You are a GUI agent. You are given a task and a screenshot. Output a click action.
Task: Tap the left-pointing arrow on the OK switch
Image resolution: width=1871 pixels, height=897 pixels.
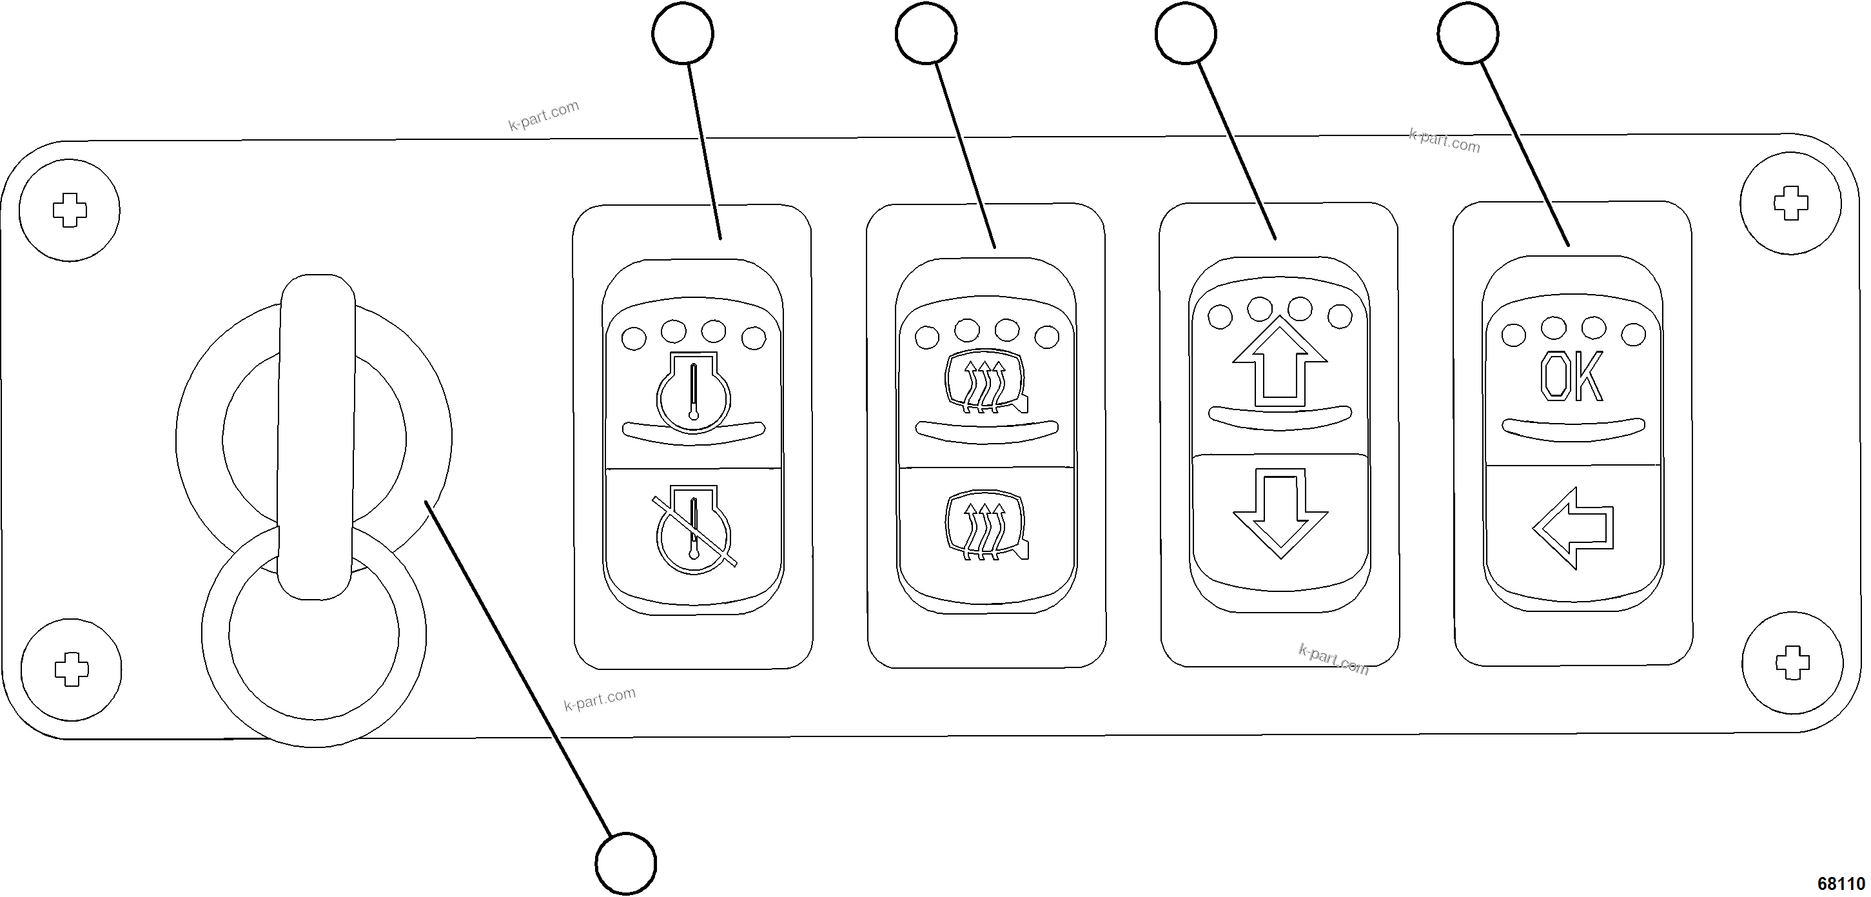pos(1573,527)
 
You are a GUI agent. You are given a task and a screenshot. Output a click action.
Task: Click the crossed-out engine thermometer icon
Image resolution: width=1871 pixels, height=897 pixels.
pos(694,530)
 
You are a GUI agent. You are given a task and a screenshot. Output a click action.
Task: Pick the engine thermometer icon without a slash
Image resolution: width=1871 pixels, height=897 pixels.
pos(694,392)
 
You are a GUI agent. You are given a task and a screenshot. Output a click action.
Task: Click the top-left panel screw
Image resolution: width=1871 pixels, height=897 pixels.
pos(70,211)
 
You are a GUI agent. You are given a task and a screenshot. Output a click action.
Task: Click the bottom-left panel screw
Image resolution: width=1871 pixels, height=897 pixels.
pos(71,669)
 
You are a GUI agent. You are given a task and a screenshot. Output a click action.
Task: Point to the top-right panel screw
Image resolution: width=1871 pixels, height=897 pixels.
pos(1791,203)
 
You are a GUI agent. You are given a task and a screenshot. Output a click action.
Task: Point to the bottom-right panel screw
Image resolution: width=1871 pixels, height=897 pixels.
pos(1792,663)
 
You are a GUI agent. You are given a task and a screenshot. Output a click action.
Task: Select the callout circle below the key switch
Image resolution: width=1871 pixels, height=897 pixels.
pos(625,863)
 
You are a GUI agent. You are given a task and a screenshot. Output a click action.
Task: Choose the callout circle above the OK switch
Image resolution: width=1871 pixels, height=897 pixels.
pos(1468,34)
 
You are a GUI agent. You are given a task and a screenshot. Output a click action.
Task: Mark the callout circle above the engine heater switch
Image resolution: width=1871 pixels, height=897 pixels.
pos(683,34)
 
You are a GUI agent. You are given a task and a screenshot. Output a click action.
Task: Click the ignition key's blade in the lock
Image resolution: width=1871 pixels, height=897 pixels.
pos(317,436)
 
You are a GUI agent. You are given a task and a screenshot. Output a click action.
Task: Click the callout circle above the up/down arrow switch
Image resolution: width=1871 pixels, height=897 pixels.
pos(1186,34)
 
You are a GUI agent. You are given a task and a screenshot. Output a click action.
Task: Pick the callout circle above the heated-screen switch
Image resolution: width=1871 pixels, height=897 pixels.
pos(926,34)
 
